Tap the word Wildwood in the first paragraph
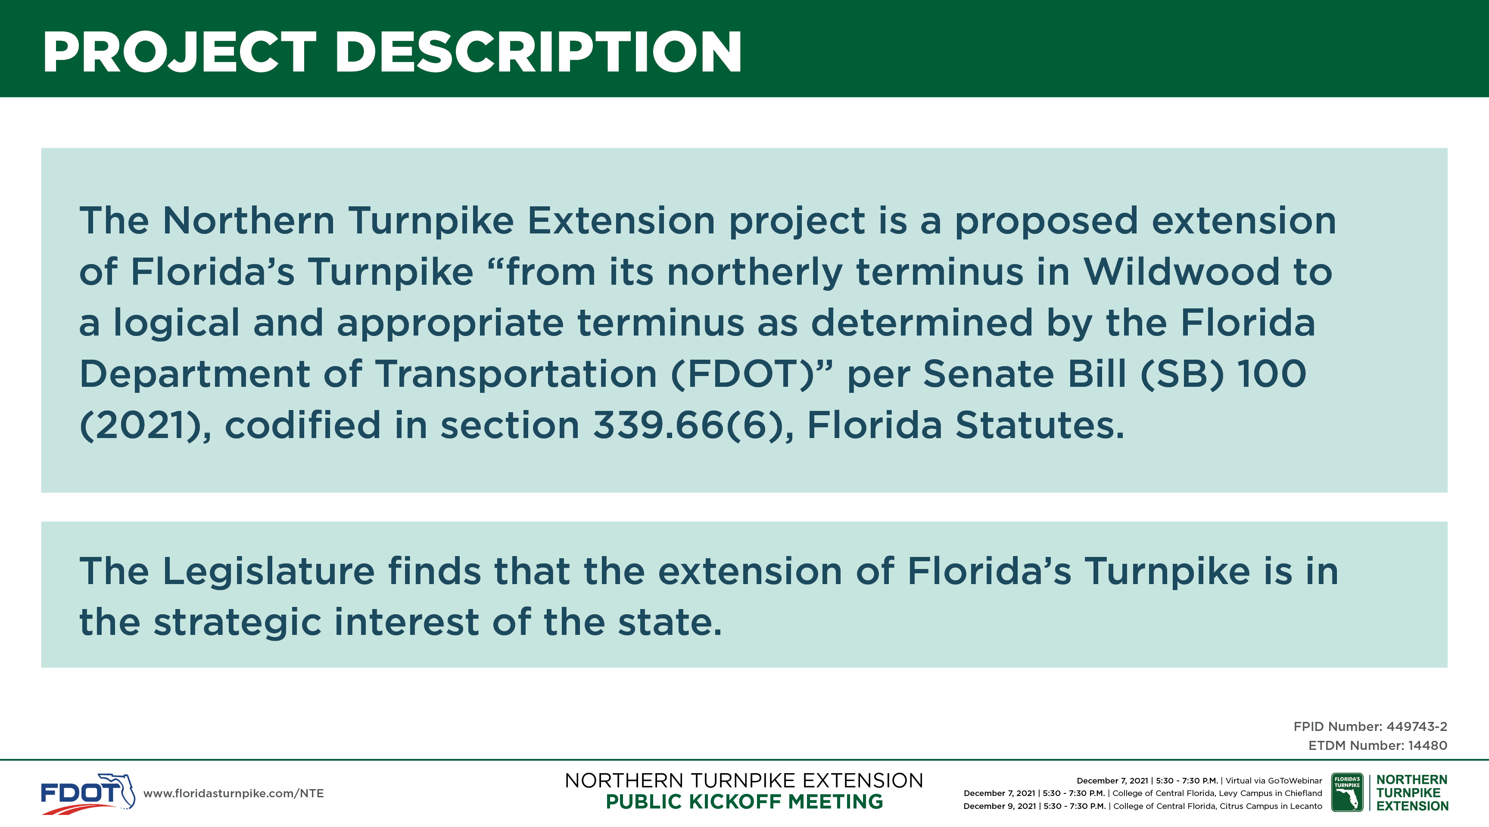(x=1181, y=272)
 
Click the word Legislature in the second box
(x=269, y=572)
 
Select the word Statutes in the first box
(x=1039, y=426)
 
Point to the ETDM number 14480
(x=1428, y=746)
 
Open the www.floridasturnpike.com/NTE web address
(x=234, y=793)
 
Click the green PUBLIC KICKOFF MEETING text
(x=744, y=802)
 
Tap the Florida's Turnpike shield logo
(x=1347, y=792)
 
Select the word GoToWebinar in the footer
(x=1295, y=781)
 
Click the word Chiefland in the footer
(x=1303, y=793)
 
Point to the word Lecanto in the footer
(x=1306, y=806)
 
